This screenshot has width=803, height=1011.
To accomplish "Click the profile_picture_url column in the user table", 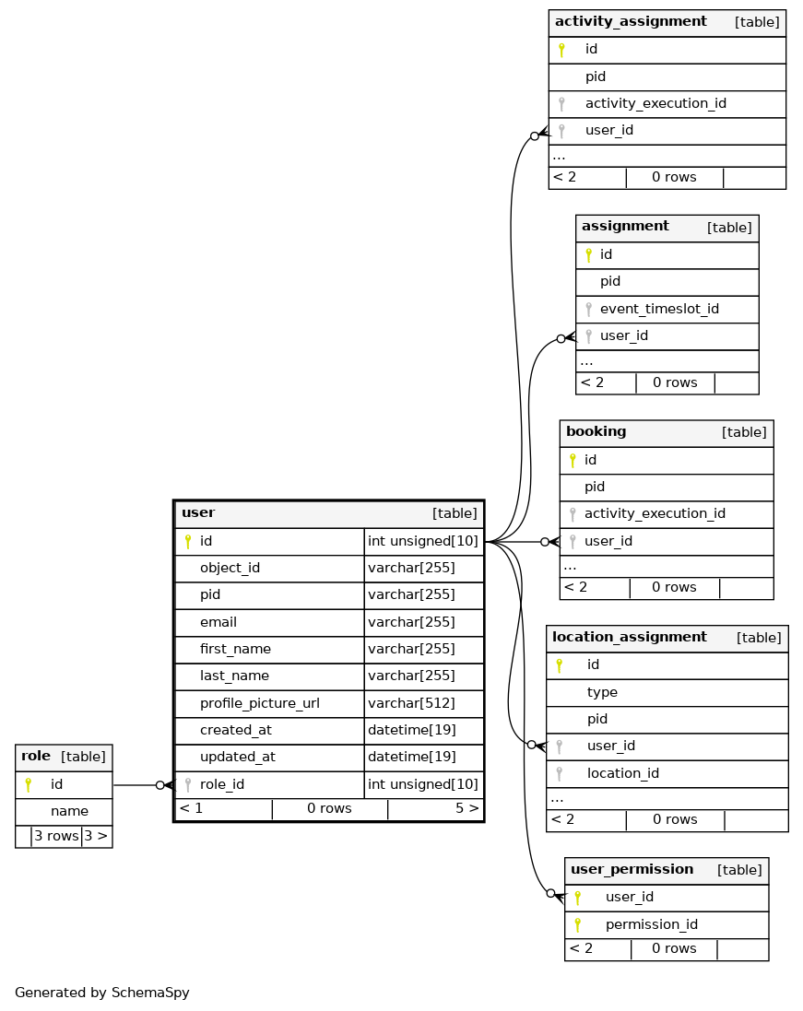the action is click(259, 703).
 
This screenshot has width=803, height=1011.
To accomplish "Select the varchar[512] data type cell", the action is click(411, 703).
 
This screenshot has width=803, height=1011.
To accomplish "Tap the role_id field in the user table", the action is click(222, 784).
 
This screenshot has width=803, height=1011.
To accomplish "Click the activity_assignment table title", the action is click(631, 21).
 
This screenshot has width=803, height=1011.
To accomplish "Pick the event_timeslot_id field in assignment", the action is click(659, 309).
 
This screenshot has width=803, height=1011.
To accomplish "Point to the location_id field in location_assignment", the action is click(622, 773).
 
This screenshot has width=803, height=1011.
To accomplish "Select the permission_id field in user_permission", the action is click(652, 924).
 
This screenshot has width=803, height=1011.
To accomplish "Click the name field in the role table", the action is click(70, 811).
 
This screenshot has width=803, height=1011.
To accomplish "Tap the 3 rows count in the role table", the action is click(56, 836).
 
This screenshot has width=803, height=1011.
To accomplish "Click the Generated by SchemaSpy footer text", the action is click(102, 993).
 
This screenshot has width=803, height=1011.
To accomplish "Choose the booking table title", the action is click(596, 431).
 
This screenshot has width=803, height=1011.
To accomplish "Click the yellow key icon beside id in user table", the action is click(188, 541).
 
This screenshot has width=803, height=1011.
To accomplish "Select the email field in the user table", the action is click(218, 621).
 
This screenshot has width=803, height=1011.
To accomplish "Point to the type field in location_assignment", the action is click(602, 692).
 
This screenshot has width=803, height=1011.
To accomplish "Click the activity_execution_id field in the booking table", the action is click(655, 513).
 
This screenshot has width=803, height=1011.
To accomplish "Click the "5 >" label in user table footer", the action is click(467, 808).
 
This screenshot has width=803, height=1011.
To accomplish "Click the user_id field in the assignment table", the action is click(624, 335).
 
